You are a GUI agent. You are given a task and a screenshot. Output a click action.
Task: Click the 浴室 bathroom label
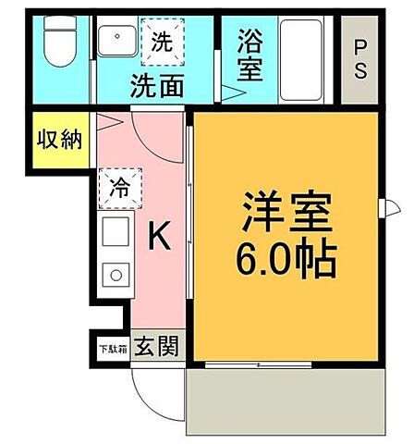pyautogui.click(x=249, y=55)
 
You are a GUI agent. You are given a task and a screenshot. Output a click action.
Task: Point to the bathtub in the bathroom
pyautogui.click(x=304, y=55)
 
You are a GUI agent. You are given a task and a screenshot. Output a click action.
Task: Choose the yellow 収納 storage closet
pyautogui.click(x=60, y=140)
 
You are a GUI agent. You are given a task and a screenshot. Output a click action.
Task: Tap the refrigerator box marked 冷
pyautogui.click(x=119, y=184)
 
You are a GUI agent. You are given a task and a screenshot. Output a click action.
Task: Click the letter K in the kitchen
pyautogui.click(x=159, y=238)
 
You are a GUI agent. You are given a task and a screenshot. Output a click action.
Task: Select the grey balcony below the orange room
pyautogui.click(x=286, y=399)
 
